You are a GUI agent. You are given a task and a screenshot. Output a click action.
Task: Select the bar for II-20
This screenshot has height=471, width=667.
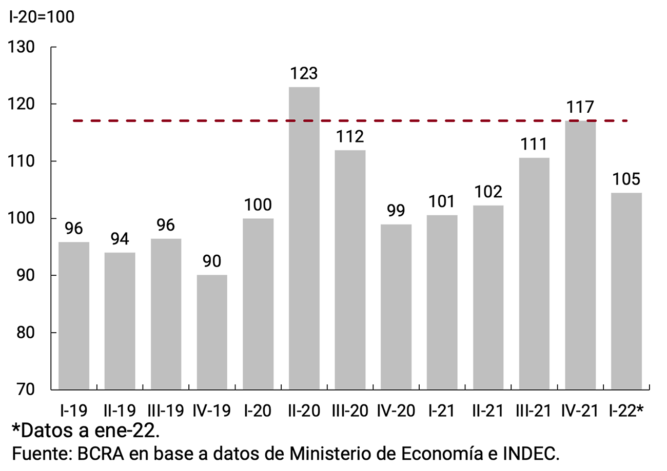click(304, 238)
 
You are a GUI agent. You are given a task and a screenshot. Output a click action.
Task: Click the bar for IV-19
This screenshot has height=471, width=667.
click(212, 332)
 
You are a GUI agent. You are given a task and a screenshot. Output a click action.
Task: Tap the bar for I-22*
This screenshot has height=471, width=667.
click(626, 291)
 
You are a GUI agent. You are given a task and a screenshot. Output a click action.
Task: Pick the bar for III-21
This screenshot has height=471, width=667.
click(534, 274)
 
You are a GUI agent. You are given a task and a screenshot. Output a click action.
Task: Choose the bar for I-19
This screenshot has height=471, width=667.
click(74, 316)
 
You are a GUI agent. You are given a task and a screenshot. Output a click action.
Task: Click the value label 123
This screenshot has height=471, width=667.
click(304, 74)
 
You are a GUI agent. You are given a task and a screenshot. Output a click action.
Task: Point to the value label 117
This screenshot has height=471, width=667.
click(580, 108)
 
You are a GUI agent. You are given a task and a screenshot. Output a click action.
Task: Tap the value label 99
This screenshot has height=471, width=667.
click(396, 211)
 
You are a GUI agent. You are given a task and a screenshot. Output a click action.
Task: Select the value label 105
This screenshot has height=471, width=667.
click(626, 179)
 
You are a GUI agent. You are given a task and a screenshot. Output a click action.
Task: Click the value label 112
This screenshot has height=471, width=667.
click(350, 137)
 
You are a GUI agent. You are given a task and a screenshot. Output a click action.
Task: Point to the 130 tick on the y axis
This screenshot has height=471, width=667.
click(22, 47)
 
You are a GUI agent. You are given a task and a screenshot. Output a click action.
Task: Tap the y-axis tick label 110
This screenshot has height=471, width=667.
click(22, 161)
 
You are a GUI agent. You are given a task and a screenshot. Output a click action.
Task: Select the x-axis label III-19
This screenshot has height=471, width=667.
click(166, 411)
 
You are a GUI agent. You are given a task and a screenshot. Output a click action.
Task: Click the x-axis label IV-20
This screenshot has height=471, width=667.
click(396, 411)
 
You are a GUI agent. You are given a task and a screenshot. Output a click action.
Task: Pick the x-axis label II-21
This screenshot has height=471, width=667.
click(488, 411)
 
